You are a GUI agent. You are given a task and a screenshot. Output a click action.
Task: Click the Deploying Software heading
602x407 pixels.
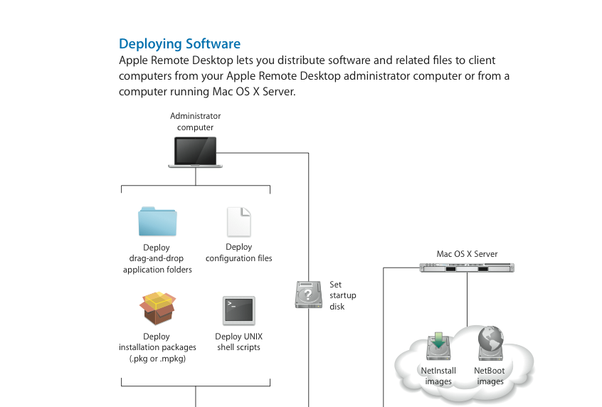pos(179,44)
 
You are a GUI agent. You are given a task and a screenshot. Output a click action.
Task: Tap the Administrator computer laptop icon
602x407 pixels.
pos(196,152)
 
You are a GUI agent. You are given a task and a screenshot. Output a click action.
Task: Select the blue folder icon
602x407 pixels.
pos(157,221)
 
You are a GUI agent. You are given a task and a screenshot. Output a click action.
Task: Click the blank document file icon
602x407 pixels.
pos(238,222)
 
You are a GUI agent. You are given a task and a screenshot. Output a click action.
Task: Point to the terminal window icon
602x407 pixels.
pos(238,310)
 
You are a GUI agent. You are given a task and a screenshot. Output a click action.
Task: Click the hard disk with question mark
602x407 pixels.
pos(308,295)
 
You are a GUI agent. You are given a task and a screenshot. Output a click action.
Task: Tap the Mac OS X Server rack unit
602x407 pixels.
pos(467,268)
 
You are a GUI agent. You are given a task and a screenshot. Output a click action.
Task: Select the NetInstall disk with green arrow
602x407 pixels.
pos(438,347)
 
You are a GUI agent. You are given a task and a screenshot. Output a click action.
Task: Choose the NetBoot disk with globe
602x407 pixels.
pos(490,345)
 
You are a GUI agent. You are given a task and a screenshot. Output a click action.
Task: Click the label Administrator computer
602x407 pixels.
pos(196,122)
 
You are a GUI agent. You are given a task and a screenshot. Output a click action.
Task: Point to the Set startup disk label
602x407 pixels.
pos(343,295)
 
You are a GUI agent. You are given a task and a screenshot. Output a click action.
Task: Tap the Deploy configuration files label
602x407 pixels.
pos(239,253)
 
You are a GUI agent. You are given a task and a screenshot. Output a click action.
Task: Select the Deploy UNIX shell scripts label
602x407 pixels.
pos(238,342)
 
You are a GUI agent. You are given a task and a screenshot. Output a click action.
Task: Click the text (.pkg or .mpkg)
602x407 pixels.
pos(157,358)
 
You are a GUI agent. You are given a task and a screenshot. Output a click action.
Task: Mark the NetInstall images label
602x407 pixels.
pos(438,376)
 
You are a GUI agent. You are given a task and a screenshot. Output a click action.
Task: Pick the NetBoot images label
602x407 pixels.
pos(490,376)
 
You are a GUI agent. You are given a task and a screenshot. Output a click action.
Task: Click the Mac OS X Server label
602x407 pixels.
pos(467,253)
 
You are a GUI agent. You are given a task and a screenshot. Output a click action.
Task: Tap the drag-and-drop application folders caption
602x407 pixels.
pos(157,264)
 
